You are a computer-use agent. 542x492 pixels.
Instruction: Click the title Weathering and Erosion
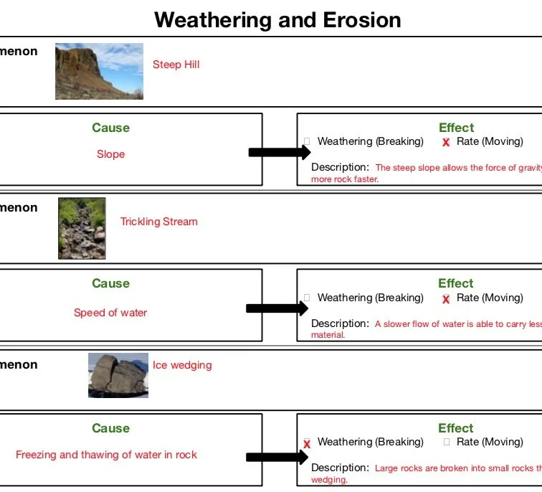pyautogui.click(x=277, y=19)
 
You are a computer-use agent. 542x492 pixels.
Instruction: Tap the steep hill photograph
pyautogui.click(x=99, y=71)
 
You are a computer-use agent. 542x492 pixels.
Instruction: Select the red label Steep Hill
pyautogui.click(x=176, y=65)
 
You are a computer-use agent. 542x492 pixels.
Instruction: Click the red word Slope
pyautogui.click(x=110, y=154)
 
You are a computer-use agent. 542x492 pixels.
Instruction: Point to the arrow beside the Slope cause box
pyautogui.click(x=279, y=152)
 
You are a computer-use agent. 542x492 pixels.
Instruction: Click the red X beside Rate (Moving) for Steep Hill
pyautogui.click(x=446, y=143)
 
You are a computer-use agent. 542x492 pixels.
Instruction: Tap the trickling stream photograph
pyautogui.click(x=82, y=228)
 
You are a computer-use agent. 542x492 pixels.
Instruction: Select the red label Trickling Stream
pyautogui.click(x=158, y=222)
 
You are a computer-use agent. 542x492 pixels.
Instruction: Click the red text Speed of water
pyautogui.click(x=110, y=313)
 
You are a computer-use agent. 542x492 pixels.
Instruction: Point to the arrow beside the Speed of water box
pyautogui.click(x=277, y=308)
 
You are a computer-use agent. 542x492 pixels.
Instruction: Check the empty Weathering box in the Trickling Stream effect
pyautogui.click(x=307, y=298)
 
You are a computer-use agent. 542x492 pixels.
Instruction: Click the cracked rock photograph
pyautogui.click(x=118, y=375)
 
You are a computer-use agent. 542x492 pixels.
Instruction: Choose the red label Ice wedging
pyautogui.click(x=182, y=365)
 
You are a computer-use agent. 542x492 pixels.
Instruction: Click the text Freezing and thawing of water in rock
pyautogui.click(x=106, y=455)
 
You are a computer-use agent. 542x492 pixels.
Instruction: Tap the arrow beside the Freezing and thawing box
pyautogui.click(x=277, y=458)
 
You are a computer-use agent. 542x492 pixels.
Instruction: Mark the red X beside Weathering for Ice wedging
pyautogui.click(x=307, y=444)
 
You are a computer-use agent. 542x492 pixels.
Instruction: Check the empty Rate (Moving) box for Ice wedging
pyautogui.click(x=446, y=443)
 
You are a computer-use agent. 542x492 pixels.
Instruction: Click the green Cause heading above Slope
pyautogui.click(x=110, y=128)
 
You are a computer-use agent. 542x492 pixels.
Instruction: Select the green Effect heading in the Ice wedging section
pyautogui.click(x=456, y=428)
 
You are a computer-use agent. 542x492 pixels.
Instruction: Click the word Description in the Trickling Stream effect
pyautogui.click(x=340, y=324)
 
